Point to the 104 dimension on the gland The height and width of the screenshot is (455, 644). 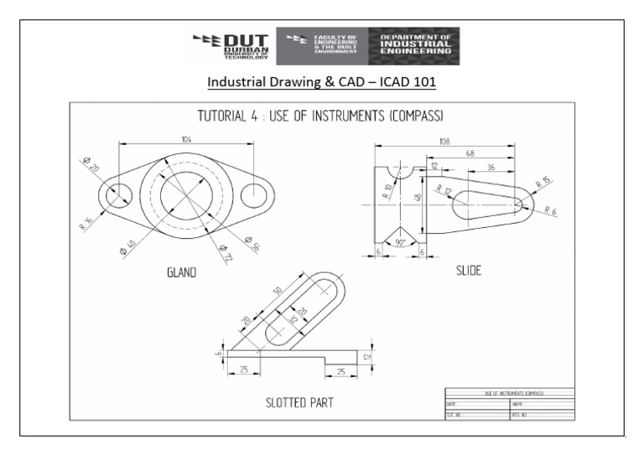[x=187, y=138]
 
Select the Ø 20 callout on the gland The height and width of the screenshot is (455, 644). [x=91, y=165]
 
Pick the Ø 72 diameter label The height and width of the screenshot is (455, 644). [x=224, y=252]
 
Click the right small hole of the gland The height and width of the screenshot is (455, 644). [x=254, y=194]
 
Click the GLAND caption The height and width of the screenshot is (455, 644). [x=181, y=271]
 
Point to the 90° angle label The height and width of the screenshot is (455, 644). [x=401, y=243]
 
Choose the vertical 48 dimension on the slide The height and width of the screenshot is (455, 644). [x=417, y=199]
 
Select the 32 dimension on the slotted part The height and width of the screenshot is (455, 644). [x=292, y=319]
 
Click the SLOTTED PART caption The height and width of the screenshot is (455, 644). [x=299, y=403]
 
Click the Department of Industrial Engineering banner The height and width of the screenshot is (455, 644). [x=414, y=46]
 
